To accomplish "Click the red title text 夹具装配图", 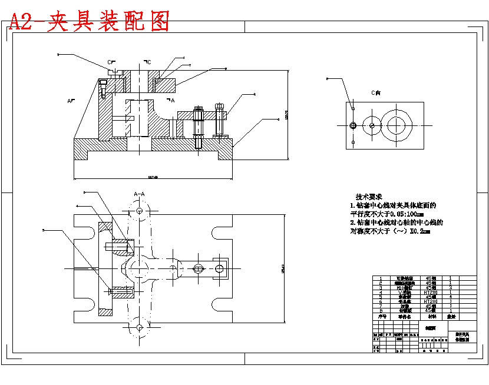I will (x=109, y=21).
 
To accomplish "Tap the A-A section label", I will (x=140, y=193).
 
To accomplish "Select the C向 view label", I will (x=375, y=92).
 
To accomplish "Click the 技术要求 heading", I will (x=369, y=197).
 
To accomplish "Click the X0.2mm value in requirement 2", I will (x=420, y=232).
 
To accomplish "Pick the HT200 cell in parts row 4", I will (x=430, y=292).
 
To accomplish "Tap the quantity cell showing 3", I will (x=451, y=287).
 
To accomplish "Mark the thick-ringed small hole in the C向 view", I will (x=352, y=125).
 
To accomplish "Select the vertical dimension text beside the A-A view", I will (x=283, y=268).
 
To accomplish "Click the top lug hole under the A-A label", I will (x=140, y=210).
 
